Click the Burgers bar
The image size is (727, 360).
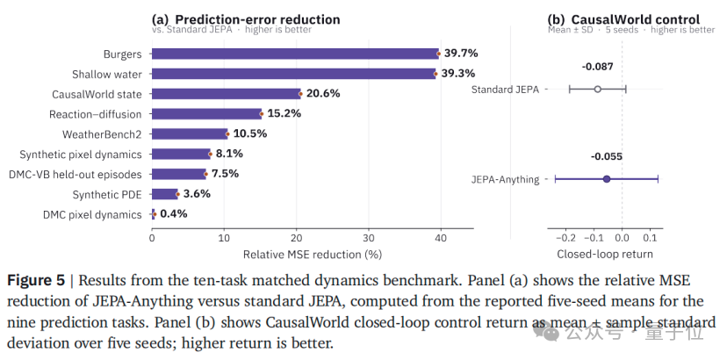tap(295, 54)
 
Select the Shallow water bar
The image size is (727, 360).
tap(293, 74)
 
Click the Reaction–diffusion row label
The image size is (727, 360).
tap(96, 114)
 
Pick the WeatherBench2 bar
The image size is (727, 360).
tap(190, 134)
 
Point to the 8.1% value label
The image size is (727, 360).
tap(229, 154)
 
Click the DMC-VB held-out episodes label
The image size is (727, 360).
tap(76, 175)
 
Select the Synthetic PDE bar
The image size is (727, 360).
tap(164, 194)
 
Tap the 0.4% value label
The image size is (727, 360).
tap(173, 214)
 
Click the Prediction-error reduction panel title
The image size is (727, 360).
tap(246, 19)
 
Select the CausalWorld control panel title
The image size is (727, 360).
tap(623, 19)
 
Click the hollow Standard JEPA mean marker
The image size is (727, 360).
tap(597, 89)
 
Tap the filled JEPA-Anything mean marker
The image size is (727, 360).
tap(607, 179)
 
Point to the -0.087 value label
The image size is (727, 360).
tap(597, 67)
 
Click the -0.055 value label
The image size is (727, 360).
tap(607, 157)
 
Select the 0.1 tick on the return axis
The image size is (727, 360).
tap(650, 238)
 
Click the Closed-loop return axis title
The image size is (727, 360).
tap(605, 255)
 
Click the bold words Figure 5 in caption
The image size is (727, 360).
tap(36, 281)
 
